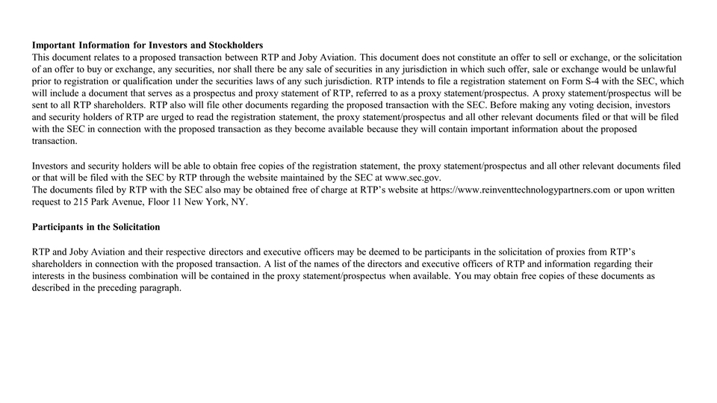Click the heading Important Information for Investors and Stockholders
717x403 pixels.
(147, 46)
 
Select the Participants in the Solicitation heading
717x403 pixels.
(96, 226)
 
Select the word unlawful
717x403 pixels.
(654, 69)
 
